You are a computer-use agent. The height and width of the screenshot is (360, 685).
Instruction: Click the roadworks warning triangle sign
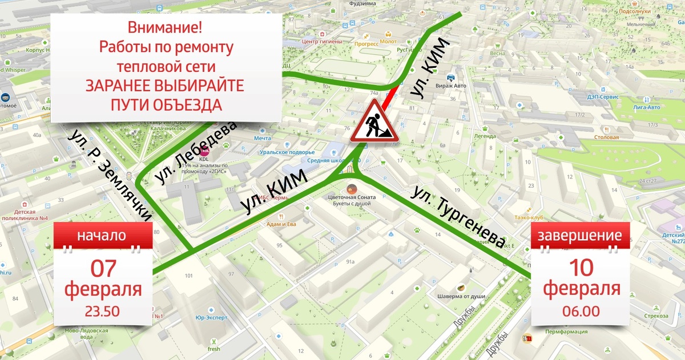tap(374, 121)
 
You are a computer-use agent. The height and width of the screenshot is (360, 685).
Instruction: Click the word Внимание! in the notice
tap(165, 27)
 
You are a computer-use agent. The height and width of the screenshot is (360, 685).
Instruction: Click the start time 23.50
tap(103, 312)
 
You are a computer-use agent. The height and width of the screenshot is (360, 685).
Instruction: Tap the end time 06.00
tap(581, 312)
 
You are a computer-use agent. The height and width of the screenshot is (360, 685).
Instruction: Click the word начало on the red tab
tap(103, 236)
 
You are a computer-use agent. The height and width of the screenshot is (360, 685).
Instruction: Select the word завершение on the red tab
tap(581, 236)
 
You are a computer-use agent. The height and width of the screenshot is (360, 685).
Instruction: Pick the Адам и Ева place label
tap(281, 224)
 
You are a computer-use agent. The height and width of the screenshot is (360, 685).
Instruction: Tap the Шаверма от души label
tap(461, 296)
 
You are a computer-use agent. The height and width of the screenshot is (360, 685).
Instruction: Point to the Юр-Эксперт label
tap(211, 317)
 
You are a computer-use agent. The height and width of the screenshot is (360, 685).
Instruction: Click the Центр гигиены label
tap(322, 42)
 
